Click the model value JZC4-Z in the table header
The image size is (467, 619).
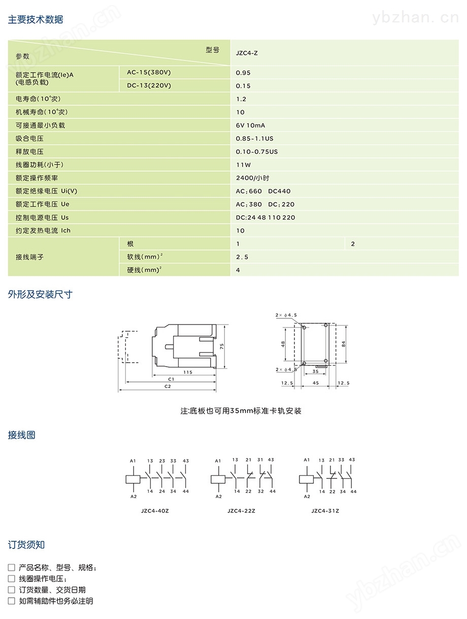pyautogui.click(x=247, y=53)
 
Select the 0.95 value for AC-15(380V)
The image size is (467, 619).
pyautogui.click(x=243, y=73)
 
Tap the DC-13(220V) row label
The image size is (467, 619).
pyautogui.click(x=149, y=85)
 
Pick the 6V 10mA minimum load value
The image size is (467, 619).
pyautogui.click(x=250, y=125)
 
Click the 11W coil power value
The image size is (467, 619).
pyautogui.click(x=243, y=165)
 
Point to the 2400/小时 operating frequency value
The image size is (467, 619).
pyautogui.click(x=252, y=178)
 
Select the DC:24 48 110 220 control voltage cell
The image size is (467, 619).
pyautogui.click(x=265, y=217)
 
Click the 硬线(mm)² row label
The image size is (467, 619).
pyautogui.click(x=144, y=270)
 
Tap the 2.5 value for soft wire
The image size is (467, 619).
pyautogui.click(x=242, y=257)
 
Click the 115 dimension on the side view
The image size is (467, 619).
pyautogui.click(x=188, y=372)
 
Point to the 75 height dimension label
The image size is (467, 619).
pyautogui.click(x=222, y=346)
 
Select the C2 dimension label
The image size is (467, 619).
pyautogui.click(x=168, y=386)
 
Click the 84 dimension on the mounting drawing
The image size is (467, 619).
pyautogui.click(x=343, y=344)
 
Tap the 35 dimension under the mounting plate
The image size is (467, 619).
pyautogui.click(x=315, y=371)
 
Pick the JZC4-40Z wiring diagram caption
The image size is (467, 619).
pyautogui.click(x=155, y=511)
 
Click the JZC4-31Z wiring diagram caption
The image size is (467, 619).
pyautogui.click(x=325, y=511)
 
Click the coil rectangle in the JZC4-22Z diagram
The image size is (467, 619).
pyautogui.click(x=218, y=479)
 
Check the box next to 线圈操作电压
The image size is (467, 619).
pyautogui.click(x=12, y=579)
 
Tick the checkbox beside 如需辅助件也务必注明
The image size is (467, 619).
pyautogui.click(x=12, y=601)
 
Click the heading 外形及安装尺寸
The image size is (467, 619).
pyautogui.click(x=40, y=295)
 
